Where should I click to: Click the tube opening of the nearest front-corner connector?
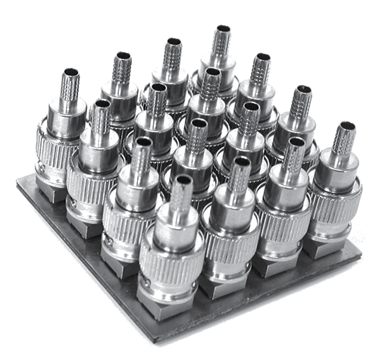point(181,182)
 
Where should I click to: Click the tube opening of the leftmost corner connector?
point(70,74)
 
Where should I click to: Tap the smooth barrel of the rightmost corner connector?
point(335,171)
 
